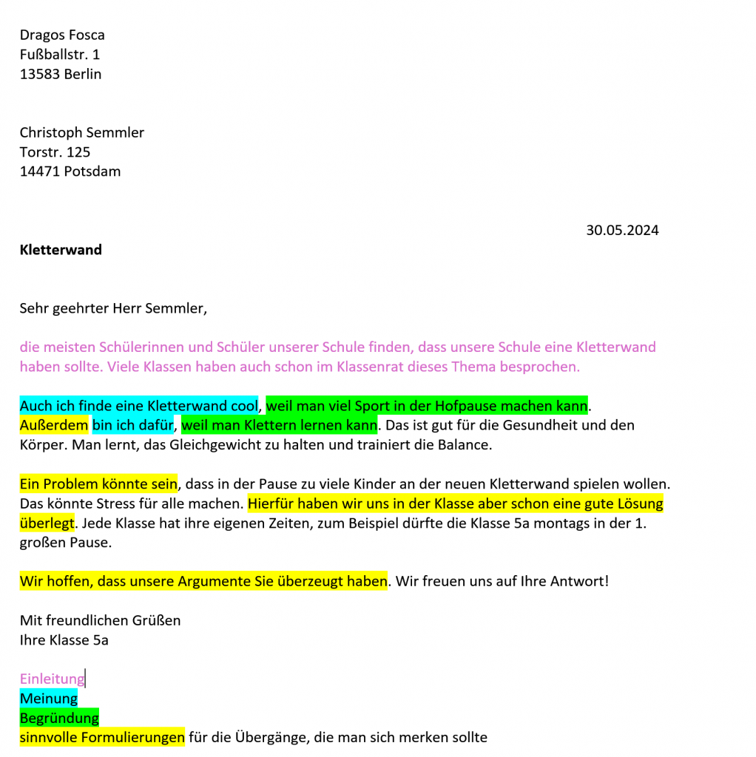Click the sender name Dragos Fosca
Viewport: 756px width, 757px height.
coord(62,35)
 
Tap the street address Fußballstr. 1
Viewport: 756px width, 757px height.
coord(59,54)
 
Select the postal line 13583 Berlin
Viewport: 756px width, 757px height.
coord(61,74)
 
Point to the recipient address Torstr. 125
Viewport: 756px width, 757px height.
coord(55,152)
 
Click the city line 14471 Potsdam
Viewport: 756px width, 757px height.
coord(70,172)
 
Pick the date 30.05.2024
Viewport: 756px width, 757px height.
coord(622,230)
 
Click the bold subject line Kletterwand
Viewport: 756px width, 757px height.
coord(61,250)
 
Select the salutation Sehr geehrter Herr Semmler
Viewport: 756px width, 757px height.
coord(113,308)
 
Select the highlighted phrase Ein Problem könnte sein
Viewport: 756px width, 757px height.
coord(98,484)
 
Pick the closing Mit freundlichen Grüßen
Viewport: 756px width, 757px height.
coord(100,620)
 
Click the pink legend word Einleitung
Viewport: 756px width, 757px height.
coord(52,679)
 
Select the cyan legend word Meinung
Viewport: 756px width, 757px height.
coord(49,699)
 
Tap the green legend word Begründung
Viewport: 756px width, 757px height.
coord(59,718)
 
